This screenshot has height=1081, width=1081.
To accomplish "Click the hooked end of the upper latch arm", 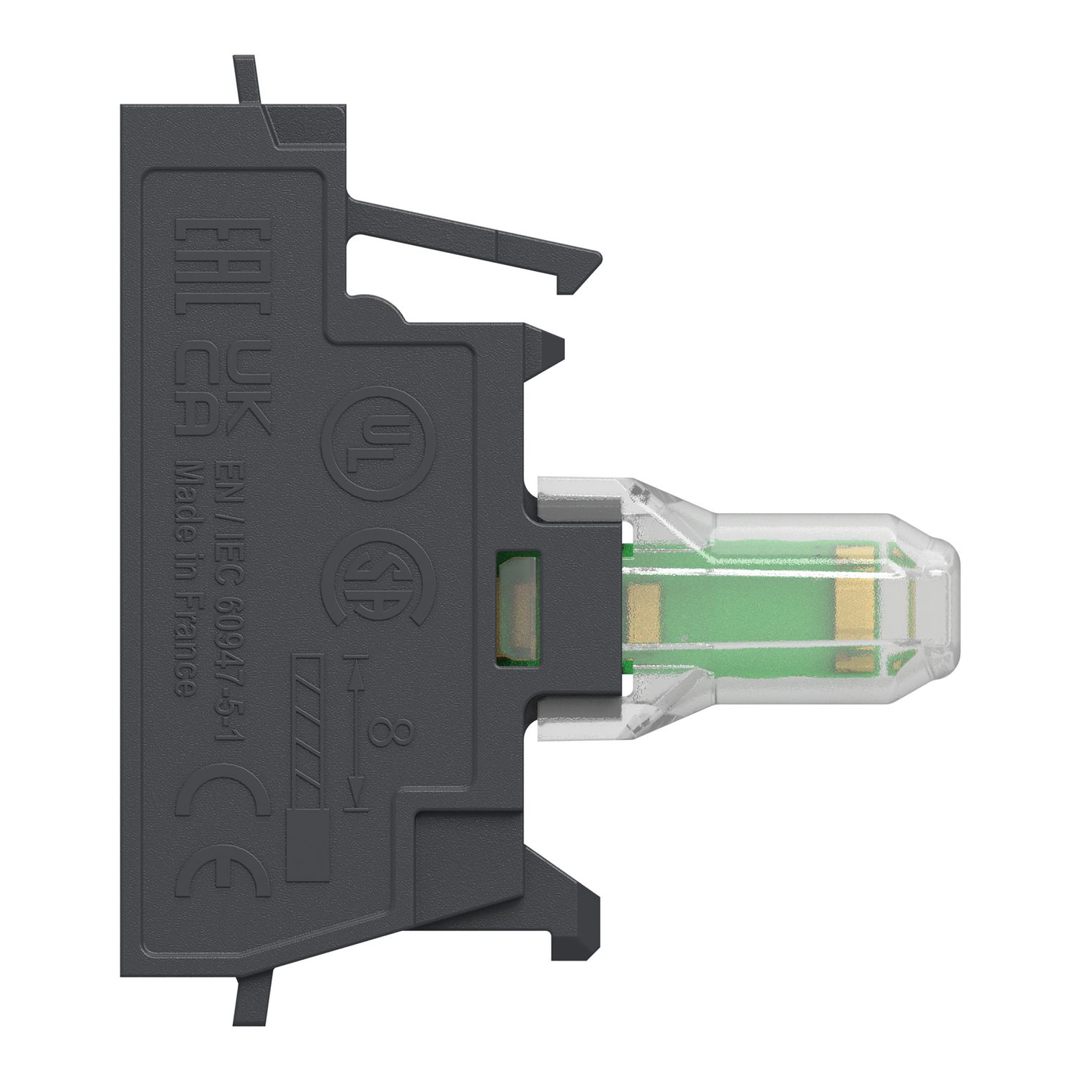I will point(577,274).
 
